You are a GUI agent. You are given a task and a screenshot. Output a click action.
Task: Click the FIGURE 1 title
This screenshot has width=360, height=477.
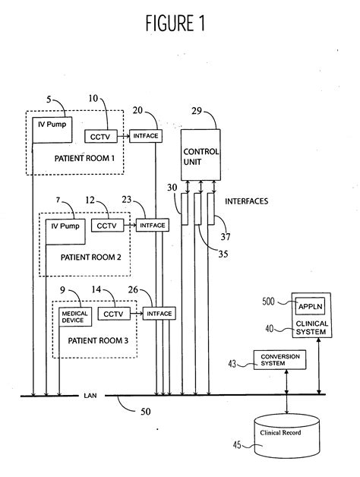(x=175, y=23)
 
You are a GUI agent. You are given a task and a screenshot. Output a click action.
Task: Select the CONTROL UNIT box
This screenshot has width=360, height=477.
(x=201, y=155)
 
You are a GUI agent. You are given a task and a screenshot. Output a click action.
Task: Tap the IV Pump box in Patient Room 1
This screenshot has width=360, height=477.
(x=52, y=130)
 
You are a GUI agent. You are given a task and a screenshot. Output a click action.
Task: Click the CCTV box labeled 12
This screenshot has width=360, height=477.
(x=107, y=226)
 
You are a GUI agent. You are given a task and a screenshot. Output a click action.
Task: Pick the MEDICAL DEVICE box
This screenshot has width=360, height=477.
(x=75, y=317)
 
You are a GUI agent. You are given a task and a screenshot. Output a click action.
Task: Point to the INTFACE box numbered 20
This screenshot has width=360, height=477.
(x=146, y=136)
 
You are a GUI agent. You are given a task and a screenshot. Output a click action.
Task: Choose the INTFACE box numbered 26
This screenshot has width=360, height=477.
(x=159, y=314)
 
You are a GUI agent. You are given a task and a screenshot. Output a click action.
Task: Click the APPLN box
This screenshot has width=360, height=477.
(x=310, y=306)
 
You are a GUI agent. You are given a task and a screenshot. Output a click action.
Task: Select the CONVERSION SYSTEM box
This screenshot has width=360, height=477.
(x=280, y=360)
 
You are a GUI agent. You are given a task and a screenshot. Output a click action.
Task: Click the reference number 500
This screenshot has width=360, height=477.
(x=268, y=302)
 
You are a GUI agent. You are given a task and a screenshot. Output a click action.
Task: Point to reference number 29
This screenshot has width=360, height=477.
(x=197, y=111)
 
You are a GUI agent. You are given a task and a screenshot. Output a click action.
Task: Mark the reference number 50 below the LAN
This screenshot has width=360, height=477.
(x=146, y=412)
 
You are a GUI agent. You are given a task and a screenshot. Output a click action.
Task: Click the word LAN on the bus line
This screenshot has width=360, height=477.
(x=90, y=396)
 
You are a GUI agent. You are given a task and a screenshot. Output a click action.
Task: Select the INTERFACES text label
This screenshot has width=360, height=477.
(x=247, y=201)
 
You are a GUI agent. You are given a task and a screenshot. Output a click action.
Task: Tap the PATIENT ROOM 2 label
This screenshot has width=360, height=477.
(x=90, y=257)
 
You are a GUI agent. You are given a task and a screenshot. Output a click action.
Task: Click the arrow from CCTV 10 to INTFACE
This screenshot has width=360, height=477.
(x=123, y=136)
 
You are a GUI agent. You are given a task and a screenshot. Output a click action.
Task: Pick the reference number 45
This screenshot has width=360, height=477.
(x=237, y=445)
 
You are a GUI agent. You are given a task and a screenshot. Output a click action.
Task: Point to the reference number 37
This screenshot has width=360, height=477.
(x=226, y=236)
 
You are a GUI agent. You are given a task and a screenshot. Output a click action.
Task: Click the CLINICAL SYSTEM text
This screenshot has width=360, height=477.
(x=312, y=327)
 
